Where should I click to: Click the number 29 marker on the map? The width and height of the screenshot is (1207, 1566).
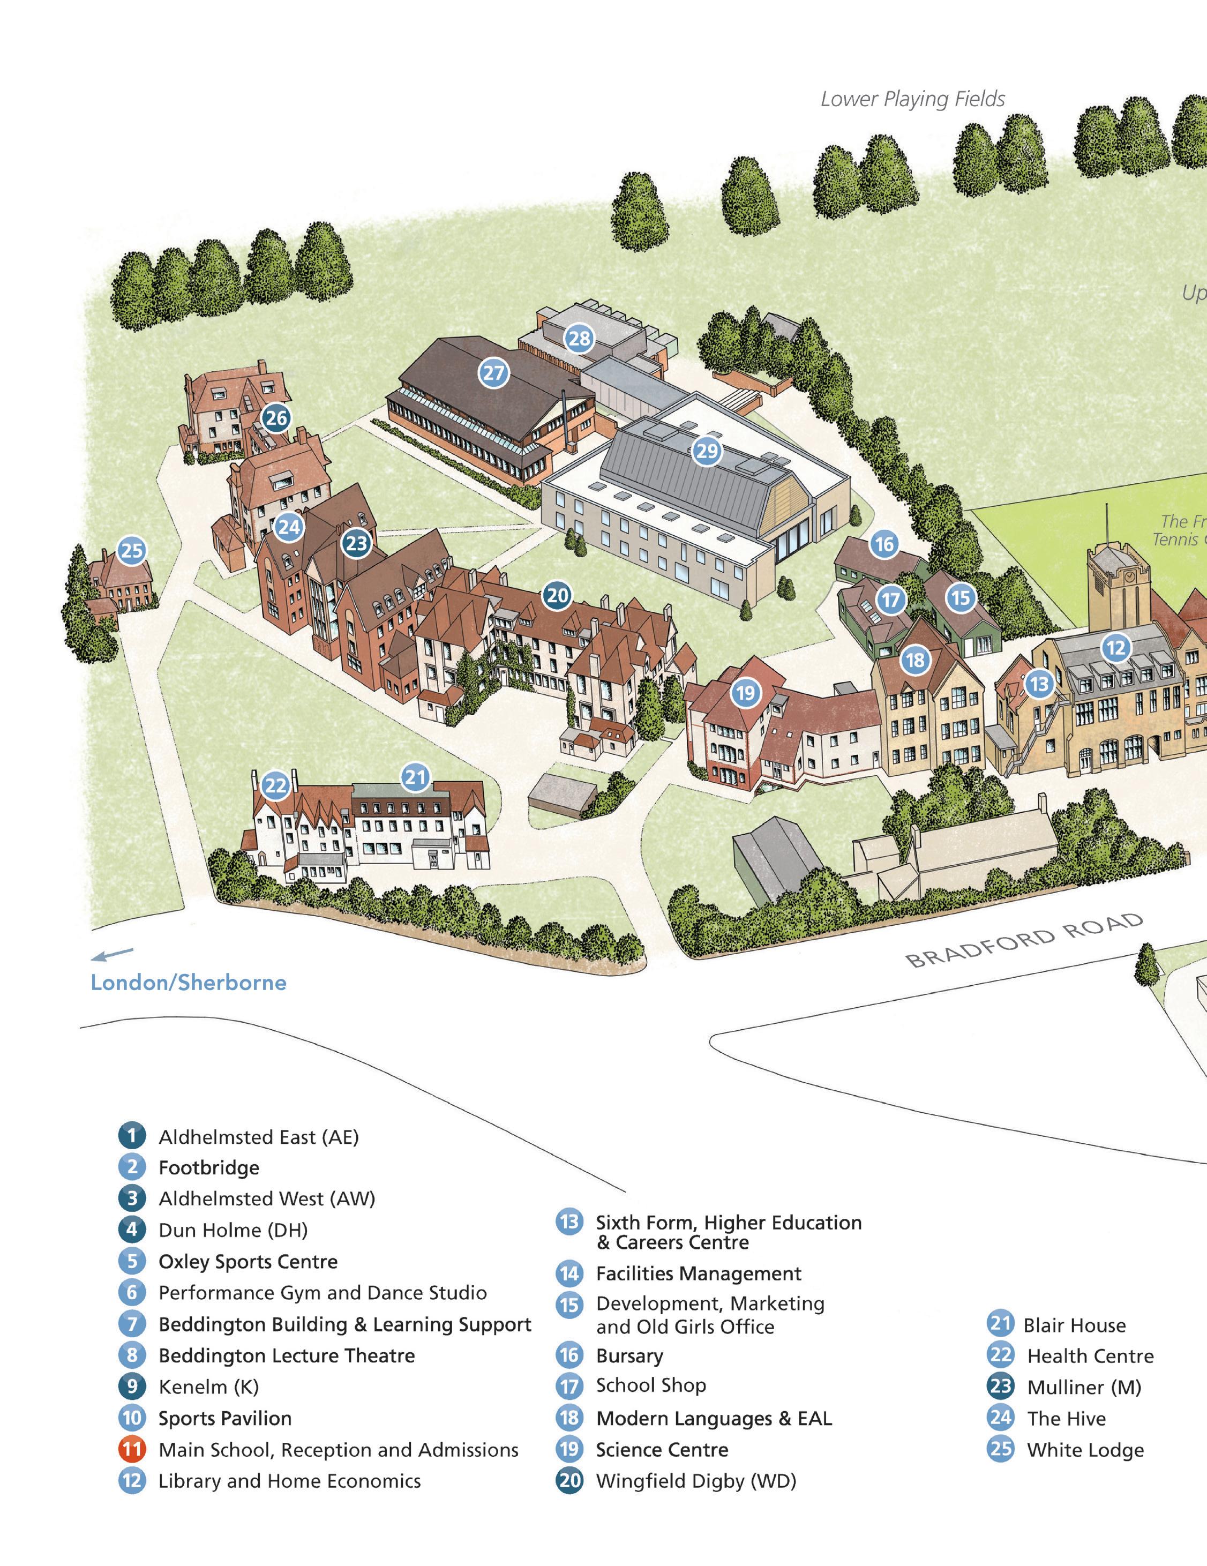[x=707, y=451]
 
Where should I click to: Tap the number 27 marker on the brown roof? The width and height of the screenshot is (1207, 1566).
[x=493, y=373]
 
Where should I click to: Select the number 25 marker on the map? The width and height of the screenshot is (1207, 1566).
[x=131, y=551]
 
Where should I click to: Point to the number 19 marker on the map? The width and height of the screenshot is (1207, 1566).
[x=746, y=693]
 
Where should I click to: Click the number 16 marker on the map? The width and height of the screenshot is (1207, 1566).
[x=884, y=544]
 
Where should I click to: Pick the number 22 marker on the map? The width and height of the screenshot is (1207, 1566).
[x=275, y=786]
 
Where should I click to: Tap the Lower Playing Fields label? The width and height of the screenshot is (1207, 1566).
[x=912, y=99]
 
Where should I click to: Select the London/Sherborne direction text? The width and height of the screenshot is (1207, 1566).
[x=188, y=983]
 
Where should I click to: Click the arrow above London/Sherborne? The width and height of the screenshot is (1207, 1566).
[x=112, y=954]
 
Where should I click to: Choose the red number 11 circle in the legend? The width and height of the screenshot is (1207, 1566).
[x=132, y=1449]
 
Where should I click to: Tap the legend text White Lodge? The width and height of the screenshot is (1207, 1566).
[x=1085, y=1449]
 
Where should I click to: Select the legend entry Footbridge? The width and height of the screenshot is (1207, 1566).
[x=209, y=1167]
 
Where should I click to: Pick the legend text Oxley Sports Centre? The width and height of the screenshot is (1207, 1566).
[x=248, y=1261]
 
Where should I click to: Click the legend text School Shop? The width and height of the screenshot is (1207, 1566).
[x=650, y=1385]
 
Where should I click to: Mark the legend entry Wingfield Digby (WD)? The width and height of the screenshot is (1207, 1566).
[x=696, y=1481]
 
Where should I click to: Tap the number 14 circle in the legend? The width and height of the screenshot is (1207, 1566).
[x=569, y=1273]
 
